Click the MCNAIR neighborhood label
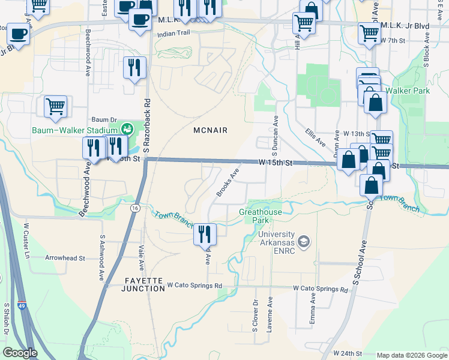211,130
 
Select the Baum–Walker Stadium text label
74,130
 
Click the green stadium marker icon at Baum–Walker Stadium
126,129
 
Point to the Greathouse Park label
259,216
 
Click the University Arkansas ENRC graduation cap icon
304,241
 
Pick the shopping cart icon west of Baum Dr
55,106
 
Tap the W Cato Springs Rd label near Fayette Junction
194,285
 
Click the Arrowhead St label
65,257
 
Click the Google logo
20,353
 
